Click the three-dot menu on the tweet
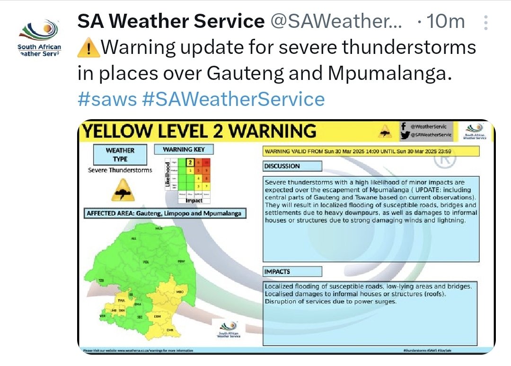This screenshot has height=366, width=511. [485, 21]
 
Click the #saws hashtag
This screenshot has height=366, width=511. [107, 99]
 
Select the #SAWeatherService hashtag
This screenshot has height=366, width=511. [233, 99]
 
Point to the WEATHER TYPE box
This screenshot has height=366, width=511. [120, 154]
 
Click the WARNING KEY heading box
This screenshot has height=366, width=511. [184, 150]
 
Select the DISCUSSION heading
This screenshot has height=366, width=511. [292, 166]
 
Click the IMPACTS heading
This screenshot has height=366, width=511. [292, 271]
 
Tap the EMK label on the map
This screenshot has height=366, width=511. [170, 330]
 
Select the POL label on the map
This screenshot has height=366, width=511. [146, 261]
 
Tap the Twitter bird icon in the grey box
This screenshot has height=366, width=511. [404, 135]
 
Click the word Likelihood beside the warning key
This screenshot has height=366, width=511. [167, 175]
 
